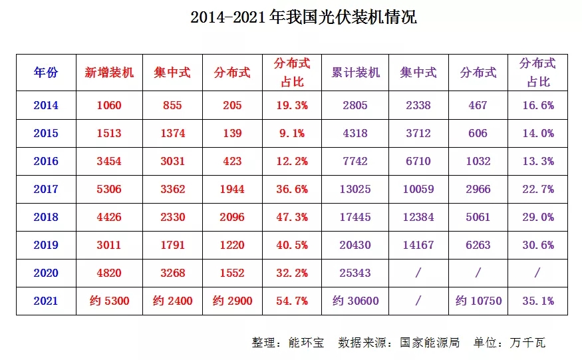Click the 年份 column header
click(x=47, y=72)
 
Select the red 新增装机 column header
click(x=109, y=72)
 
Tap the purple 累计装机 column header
click(x=356, y=72)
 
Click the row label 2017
click(x=47, y=189)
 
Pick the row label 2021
click(x=47, y=301)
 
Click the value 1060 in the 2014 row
click(x=109, y=105)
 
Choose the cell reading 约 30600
click(x=356, y=301)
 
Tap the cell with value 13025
click(x=356, y=189)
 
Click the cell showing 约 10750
click(x=478, y=301)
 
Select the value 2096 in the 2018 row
click(x=231, y=217)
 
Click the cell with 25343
click(x=356, y=273)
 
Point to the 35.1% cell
click(x=537, y=301)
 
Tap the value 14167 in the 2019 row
click(x=418, y=245)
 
